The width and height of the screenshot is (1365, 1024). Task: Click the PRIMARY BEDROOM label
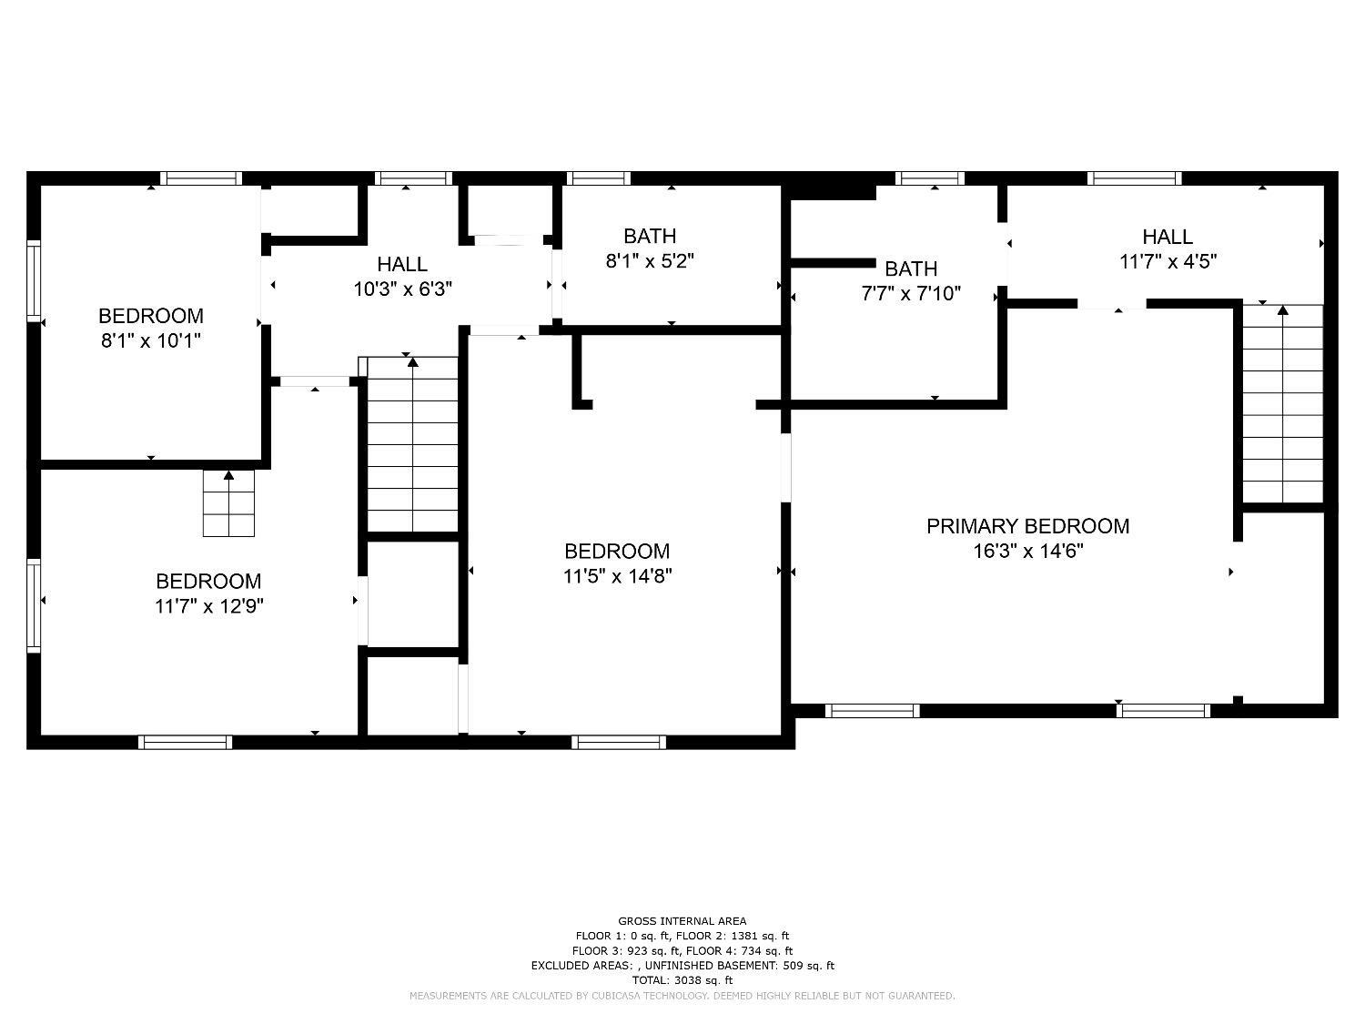pyautogui.click(x=1027, y=526)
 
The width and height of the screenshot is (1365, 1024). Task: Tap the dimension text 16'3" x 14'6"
pyautogui.click(x=1027, y=551)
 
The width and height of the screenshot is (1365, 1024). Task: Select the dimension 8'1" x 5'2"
pyautogui.click(x=650, y=261)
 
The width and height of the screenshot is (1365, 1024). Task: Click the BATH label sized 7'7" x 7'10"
pyautogui.click(x=911, y=269)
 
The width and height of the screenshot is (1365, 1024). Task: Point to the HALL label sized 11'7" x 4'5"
pyautogui.click(x=1168, y=237)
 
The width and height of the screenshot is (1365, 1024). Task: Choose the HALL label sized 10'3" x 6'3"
pyautogui.click(x=402, y=264)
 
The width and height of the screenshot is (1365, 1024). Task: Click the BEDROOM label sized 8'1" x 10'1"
pyautogui.click(x=150, y=316)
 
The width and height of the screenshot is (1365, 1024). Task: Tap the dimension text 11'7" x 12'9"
pyautogui.click(x=208, y=606)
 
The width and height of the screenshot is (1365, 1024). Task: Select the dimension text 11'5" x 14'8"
pyautogui.click(x=617, y=576)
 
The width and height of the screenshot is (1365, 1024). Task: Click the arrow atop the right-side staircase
pyautogui.click(x=1283, y=310)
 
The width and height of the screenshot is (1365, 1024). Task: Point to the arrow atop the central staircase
pyautogui.click(x=412, y=362)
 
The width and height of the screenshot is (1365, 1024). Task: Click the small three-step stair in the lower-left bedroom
pyautogui.click(x=228, y=506)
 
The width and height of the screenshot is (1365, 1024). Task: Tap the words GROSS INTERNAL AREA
pyautogui.click(x=682, y=921)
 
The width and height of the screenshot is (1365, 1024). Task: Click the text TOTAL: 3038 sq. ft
pyautogui.click(x=682, y=980)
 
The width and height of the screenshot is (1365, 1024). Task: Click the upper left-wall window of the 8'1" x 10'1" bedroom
pyautogui.click(x=34, y=280)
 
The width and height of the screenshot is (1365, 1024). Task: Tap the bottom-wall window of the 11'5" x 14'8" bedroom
pyautogui.click(x=619, y=743)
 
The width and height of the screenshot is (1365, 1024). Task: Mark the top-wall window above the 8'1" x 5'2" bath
pyautogui.click(x=598, y=178)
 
